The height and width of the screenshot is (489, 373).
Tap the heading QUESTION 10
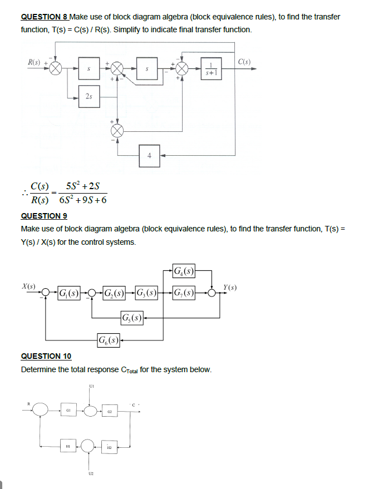46,356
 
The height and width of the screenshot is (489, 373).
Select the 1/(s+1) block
211,68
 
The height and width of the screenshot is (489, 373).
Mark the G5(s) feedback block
132,319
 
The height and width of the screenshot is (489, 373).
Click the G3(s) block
148,293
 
